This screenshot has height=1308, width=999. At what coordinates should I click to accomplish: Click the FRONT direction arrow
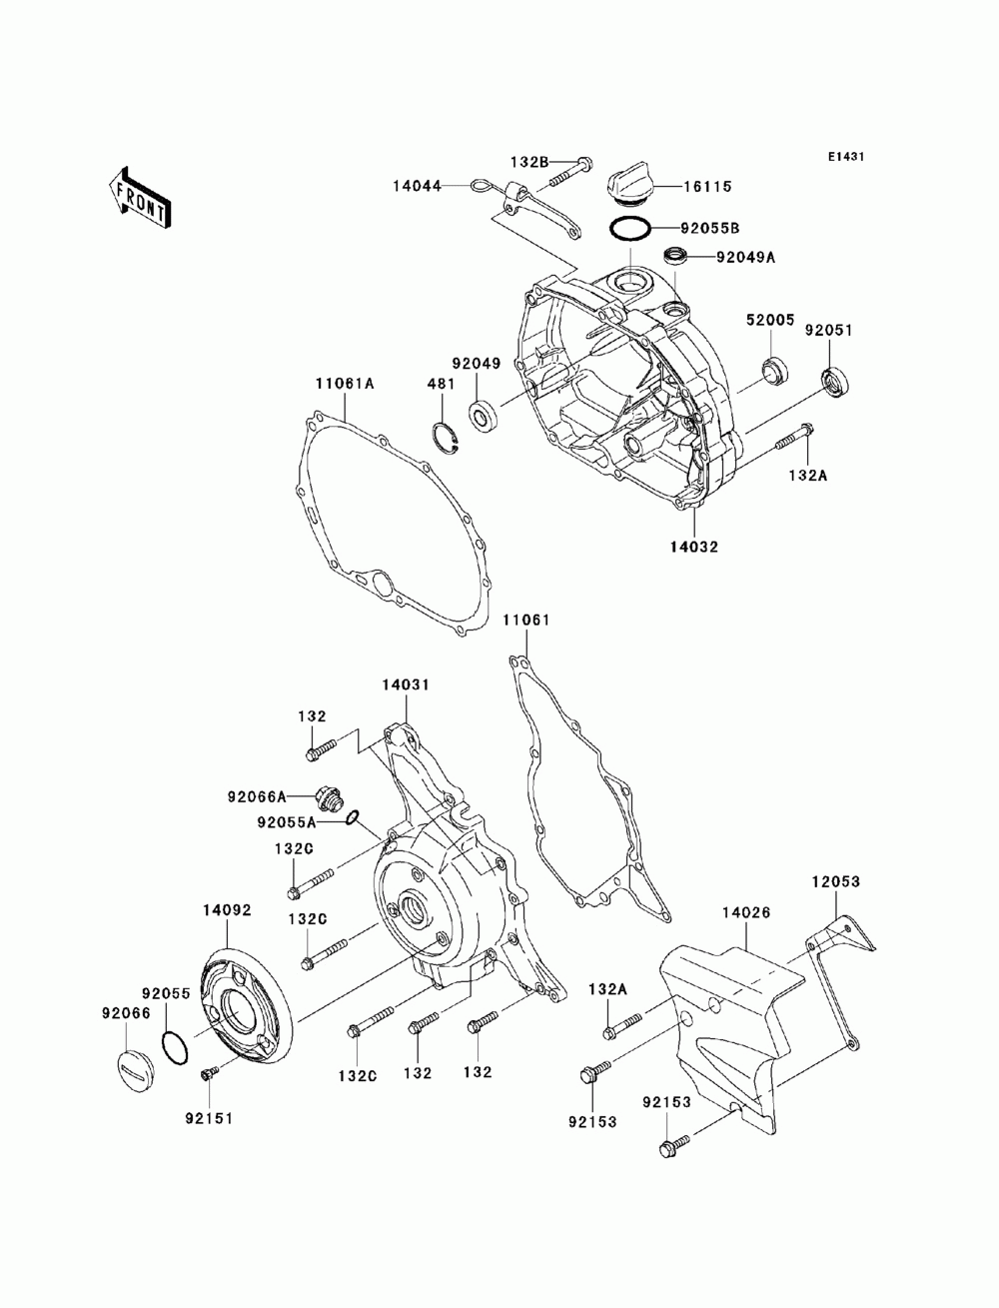pos(139,198)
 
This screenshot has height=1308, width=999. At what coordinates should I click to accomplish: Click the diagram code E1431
pos(845,157)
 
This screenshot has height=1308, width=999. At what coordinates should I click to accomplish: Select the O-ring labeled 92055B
pos(629,229)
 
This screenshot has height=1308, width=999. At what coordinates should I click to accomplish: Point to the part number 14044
pos(417,186)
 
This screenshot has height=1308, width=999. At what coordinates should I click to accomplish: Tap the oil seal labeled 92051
pos(836,382)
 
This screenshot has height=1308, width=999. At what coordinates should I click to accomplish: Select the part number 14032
pos(693,547)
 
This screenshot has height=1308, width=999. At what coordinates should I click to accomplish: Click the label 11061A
pos(345,384)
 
